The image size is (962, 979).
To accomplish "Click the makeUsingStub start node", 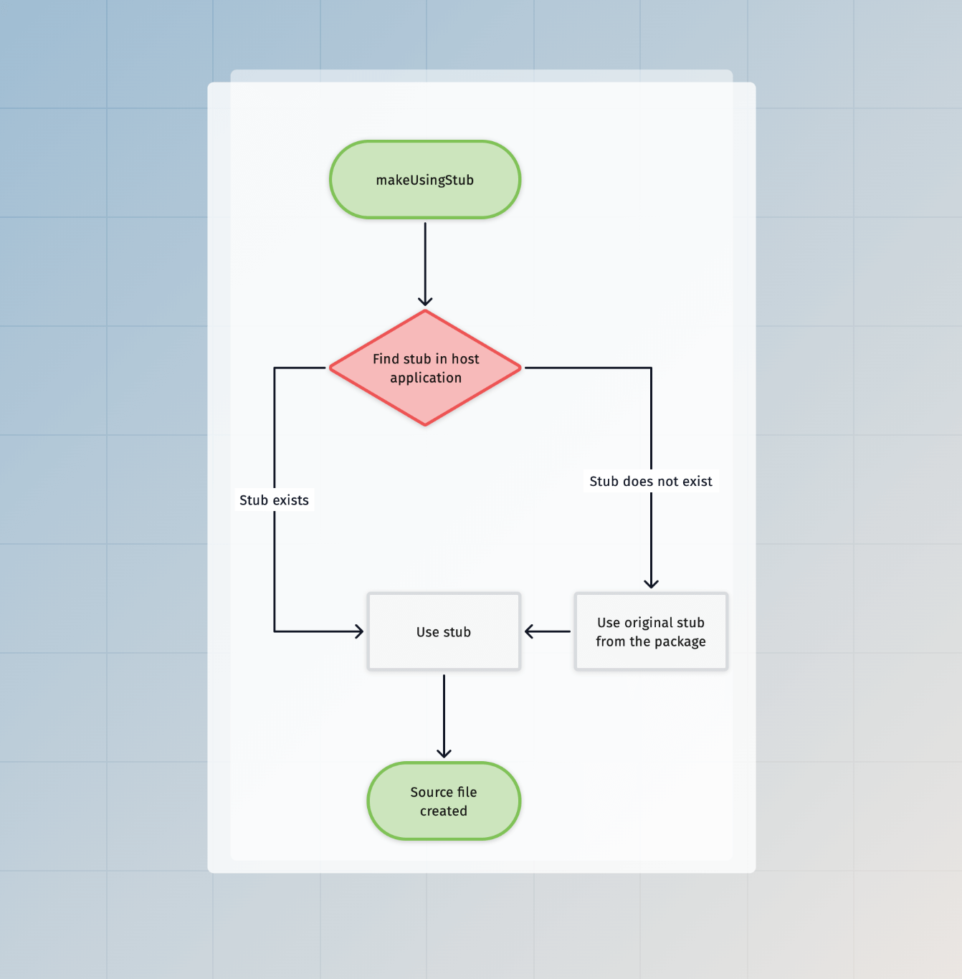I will tap(425, 180).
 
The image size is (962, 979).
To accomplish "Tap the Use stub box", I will tap(444, 632).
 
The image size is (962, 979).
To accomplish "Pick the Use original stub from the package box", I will tap(651, 632).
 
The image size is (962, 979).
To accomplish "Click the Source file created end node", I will tap(444, 801).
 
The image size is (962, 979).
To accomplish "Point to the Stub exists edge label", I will tap(274, 500).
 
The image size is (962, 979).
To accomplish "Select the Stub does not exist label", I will tap(651, 482).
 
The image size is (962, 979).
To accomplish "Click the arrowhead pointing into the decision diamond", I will tap(425, 301).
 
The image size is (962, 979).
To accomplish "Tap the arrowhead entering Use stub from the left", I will tap(358, 631).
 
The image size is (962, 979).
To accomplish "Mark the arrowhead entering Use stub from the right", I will tap(530, 631).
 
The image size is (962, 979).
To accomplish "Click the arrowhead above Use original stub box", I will tap(651, 583).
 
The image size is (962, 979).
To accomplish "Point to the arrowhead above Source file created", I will tap(444, 753).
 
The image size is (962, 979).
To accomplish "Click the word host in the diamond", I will tap(465, 359).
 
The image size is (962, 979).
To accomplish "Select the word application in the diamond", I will tap(426, 378).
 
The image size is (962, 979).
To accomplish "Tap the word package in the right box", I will tap(680, 642).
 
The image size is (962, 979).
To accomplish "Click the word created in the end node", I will tap(444, 811).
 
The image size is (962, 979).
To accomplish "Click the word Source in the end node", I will tap(432, 792).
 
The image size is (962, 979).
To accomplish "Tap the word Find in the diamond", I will tap(386, 359).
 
